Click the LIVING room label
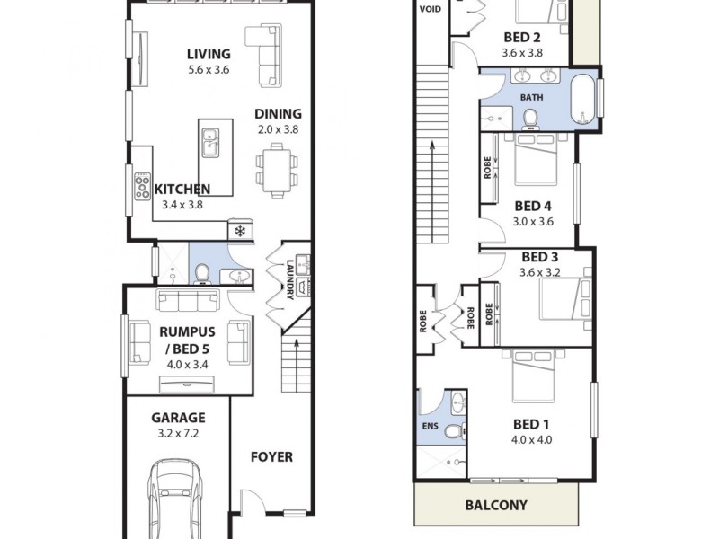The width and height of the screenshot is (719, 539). tap(209, 54)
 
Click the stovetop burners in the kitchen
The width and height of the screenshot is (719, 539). tap(143, 186)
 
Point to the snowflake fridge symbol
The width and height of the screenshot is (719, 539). tap(240, 232)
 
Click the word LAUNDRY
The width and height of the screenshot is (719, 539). tap(289, 275)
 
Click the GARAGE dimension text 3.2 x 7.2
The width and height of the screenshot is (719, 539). tap(179, 434)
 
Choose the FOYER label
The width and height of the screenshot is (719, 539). tap(271, 456)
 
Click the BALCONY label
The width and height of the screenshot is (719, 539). tap(495, 505)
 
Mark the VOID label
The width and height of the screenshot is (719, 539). tap(430, 10)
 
